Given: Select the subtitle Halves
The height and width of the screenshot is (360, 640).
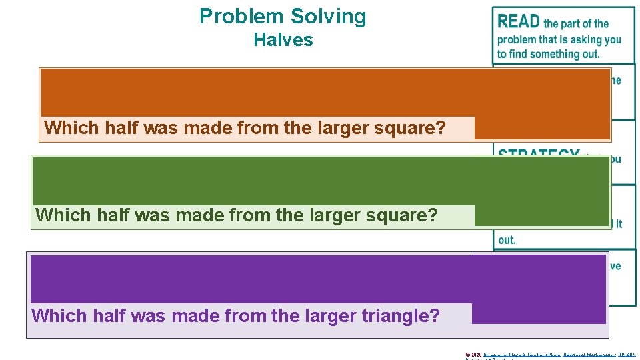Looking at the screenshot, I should tap(283, 40).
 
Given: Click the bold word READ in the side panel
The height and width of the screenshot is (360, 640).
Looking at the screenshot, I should tap(519, 21).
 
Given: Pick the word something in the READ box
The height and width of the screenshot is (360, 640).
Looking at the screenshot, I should tap(554, 54).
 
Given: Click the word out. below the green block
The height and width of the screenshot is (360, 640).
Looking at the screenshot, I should tap(507, 239).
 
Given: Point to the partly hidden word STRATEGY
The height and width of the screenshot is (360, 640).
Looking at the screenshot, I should tap(538, 154).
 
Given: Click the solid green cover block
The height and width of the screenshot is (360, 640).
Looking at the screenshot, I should tap(320, 181).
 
